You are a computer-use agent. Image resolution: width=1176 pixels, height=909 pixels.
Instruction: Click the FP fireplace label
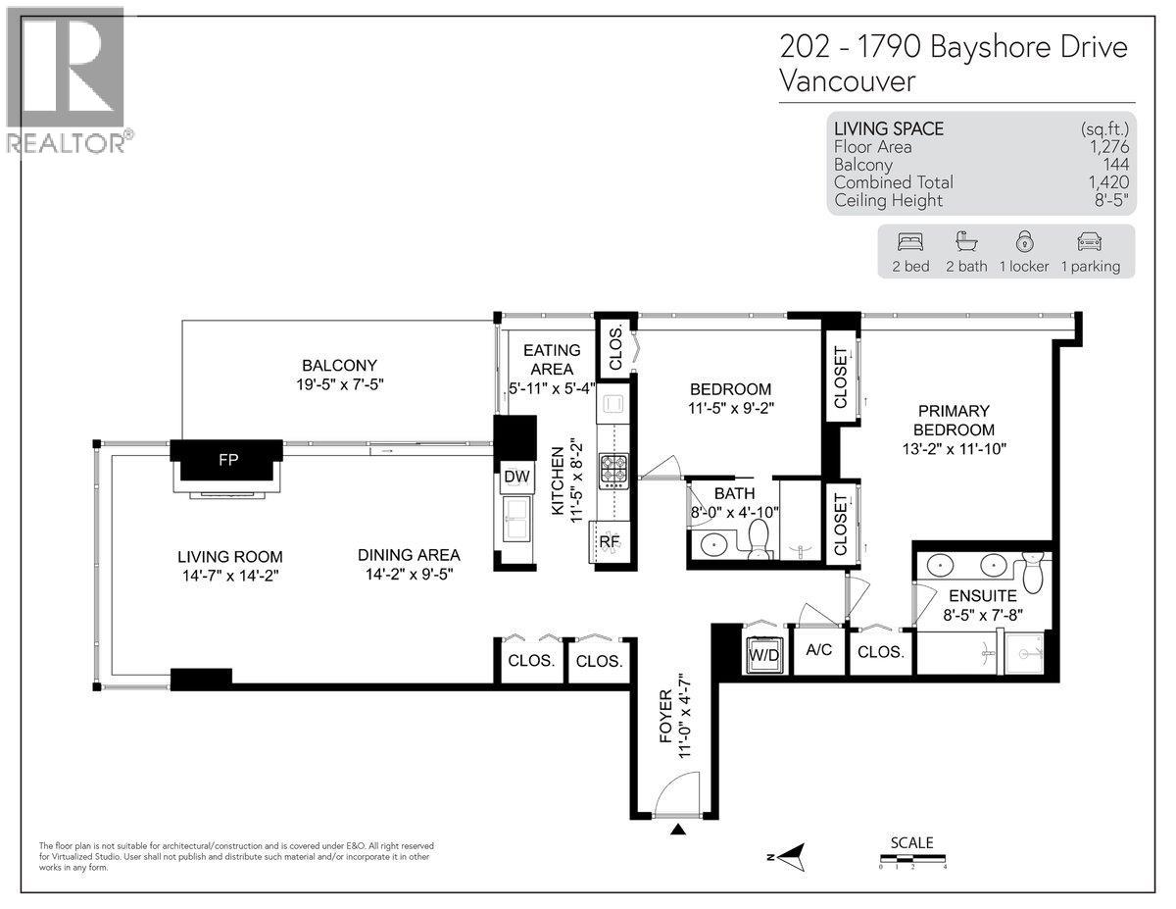[x=227, y=458]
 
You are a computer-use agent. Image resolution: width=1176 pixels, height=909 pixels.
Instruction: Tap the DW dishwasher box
[x=516, y=477]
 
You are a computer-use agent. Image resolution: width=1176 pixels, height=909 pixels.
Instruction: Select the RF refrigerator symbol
[x=609, y=540]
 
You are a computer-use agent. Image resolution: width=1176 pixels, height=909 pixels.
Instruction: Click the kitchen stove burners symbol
[x=614, y=471]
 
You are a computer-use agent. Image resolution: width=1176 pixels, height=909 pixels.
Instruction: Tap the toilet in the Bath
[x=759, y=539]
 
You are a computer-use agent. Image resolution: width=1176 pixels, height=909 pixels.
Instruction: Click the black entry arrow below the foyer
[x=678, y=832]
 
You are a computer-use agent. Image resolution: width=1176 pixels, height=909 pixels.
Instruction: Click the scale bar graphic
[x=911, y=860]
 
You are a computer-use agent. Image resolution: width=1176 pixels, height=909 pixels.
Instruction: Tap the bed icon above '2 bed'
[x=909, y=242]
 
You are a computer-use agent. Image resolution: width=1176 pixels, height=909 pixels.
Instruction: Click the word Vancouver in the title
[x=847, y=80]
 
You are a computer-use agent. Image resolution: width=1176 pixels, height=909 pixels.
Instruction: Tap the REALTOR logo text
[x=66, y=143]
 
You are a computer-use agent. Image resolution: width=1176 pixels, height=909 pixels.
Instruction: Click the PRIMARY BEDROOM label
[x=954, y=420]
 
